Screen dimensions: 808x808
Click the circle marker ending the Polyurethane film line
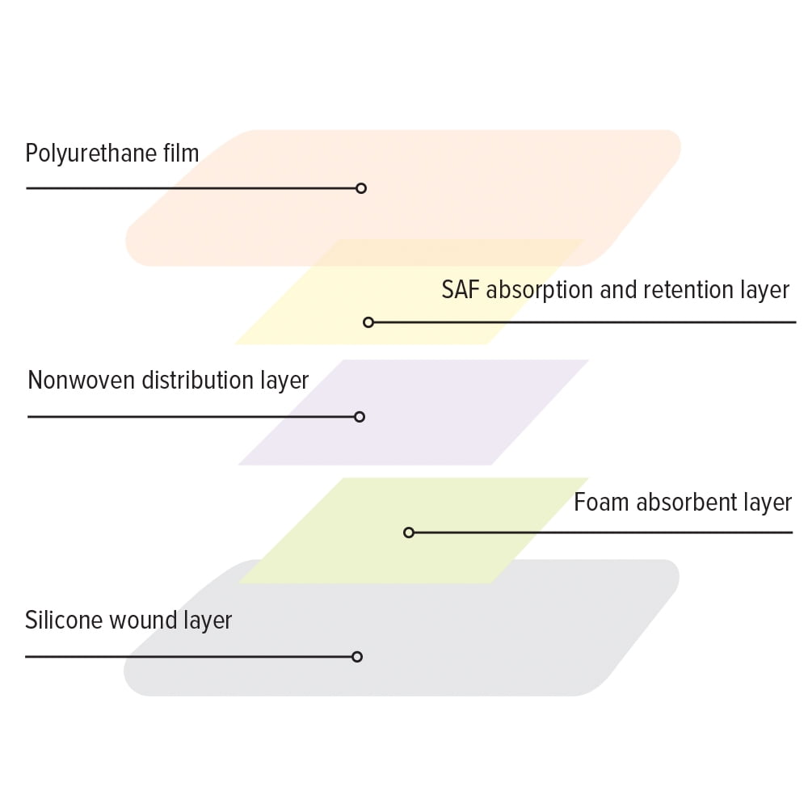(361, 188)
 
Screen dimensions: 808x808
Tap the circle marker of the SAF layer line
(368, 322)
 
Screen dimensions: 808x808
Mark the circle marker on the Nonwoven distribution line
(360, 417)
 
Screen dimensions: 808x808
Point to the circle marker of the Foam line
(409, 532)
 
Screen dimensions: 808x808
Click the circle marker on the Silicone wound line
(357, 657)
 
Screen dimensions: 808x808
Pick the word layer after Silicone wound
(210, 621)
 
